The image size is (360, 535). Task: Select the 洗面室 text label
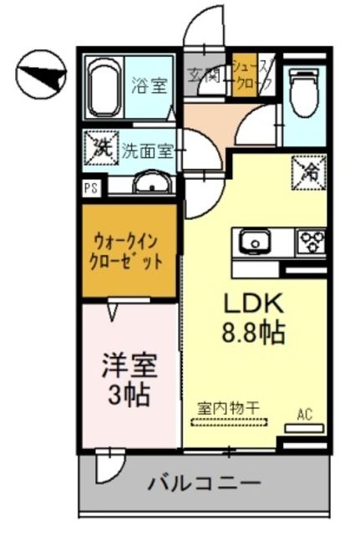point(147,151)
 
